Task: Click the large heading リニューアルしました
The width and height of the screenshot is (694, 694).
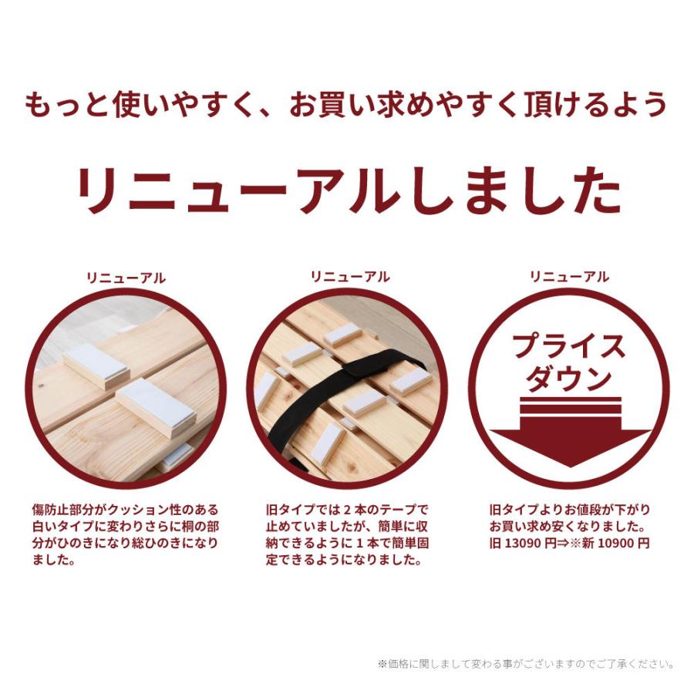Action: click(347, 189)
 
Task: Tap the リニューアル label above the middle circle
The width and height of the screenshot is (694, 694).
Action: click(350, 277)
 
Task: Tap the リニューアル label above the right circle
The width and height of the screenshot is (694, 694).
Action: click(569, 276)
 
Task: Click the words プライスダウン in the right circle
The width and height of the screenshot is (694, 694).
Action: click(569, 362)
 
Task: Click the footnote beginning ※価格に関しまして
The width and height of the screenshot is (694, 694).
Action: click(527, 663)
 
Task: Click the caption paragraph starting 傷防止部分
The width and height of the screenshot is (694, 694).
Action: click(126, 535)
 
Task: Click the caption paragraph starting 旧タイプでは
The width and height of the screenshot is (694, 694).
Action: click(346, 535)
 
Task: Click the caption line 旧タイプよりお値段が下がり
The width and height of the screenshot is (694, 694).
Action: click(570, 510)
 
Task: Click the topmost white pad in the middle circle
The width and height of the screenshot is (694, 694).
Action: click(342, 334)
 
